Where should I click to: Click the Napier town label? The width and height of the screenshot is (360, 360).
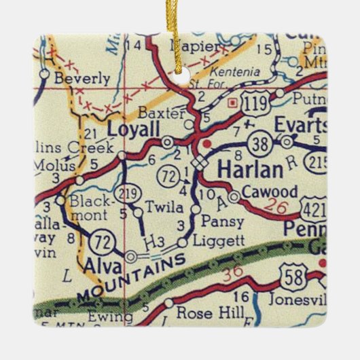coord(197,47)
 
